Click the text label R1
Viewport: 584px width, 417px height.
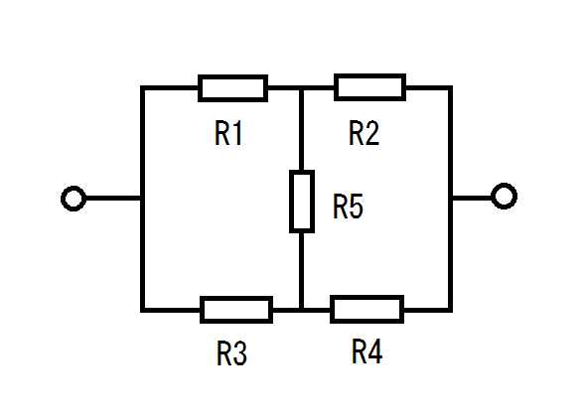click(x=228, y=133)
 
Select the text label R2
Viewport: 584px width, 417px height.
click(x=364, y=133)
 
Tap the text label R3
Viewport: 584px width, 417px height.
click(x=231, y=353)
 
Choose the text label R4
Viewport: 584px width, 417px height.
click(x=366, y=351)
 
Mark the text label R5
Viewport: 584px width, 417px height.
click(x=348, y=206)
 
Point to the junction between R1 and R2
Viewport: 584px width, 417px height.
click(x=302, y=88)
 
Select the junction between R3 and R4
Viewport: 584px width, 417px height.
click(x=302, y=310)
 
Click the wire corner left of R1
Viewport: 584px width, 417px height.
click(x=142, y=87)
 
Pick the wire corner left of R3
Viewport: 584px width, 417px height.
click(x=142, y=310)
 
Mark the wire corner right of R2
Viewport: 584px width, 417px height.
click(x=451, y=87)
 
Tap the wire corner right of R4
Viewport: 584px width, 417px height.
click(x=451, y=310)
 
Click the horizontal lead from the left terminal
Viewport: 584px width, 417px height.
click(x=113, y=199)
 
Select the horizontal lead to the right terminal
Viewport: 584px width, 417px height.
click(x=472, y=198)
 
